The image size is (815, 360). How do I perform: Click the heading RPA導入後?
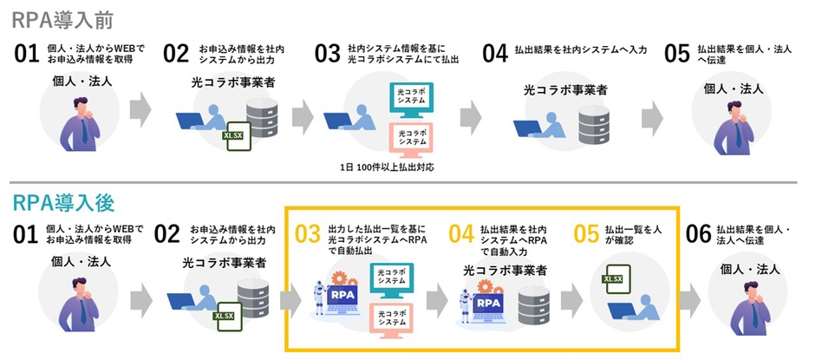63,203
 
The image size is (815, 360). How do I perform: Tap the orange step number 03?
308,233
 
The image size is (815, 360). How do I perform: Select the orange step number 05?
587,232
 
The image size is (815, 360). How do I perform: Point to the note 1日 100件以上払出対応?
388,165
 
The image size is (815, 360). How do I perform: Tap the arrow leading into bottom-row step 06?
689,299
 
